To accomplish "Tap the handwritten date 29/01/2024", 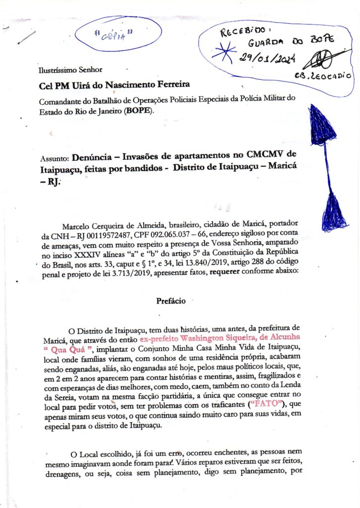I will pos(267,59).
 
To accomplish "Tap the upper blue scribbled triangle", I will pos(323,124).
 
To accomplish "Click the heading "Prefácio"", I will pos(171,301).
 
